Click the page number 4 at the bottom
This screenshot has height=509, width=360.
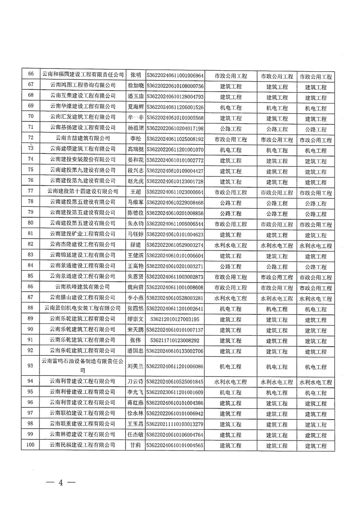point(59,482)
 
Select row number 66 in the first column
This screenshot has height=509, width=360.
point(31,75)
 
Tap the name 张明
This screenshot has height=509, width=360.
point(135,75)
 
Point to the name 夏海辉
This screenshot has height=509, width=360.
point(135,107)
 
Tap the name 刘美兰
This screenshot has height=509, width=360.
point(135,366)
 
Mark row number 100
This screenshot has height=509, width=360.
point(31,445)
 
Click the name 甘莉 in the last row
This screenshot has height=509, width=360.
point(135,445)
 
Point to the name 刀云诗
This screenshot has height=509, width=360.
point(135,382)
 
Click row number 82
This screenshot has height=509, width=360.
point(31,245)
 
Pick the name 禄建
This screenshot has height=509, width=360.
point(135,245)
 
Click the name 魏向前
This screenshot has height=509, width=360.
point(135,287)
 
